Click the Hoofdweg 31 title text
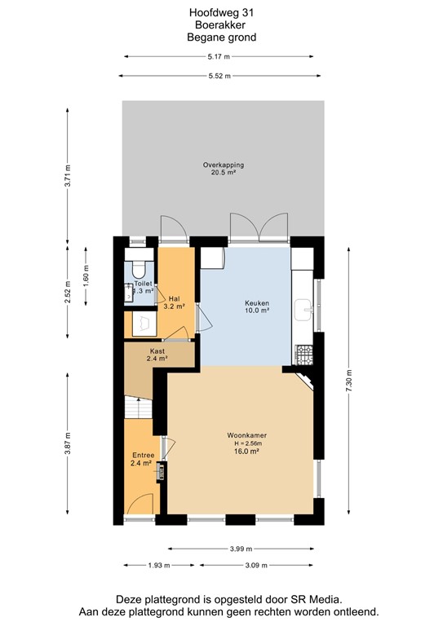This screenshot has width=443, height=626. coord(222,11)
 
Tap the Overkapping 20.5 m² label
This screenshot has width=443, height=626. coord(223,169)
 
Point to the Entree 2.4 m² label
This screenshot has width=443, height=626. coord(142,459)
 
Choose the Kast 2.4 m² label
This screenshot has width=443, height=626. coord(157,355)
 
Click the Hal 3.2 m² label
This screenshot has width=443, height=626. coord(174,302)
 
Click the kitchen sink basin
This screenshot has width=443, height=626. coord(308,306)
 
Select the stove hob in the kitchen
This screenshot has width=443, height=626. coord(303,354)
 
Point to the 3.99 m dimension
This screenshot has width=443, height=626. coord(241,549)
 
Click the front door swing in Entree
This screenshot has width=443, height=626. coord(140,503)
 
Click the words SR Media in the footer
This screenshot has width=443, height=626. coord(316,599)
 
